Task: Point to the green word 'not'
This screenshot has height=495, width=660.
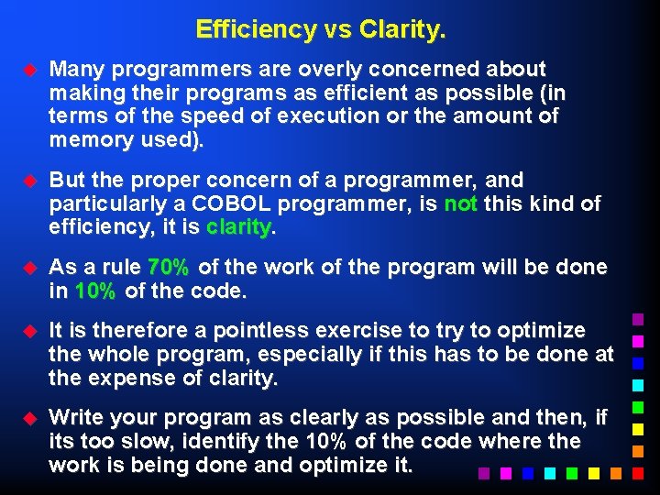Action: click(x=460, y=203)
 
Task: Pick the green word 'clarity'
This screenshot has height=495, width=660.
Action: click(x=239, y=226)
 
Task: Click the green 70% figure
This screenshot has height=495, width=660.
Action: click(x=169, y=268)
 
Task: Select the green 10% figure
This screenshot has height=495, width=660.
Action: click(x=95, y=291)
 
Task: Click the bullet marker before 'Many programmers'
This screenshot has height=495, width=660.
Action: click(x=28, y=70)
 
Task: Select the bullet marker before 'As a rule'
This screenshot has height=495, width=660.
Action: click(x=28, y=268)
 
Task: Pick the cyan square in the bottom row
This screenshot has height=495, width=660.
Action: click(x=548, y=474)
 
